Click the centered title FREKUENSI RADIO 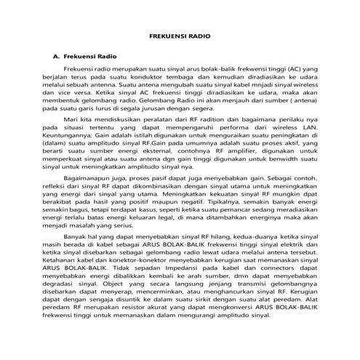coord(179,34)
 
